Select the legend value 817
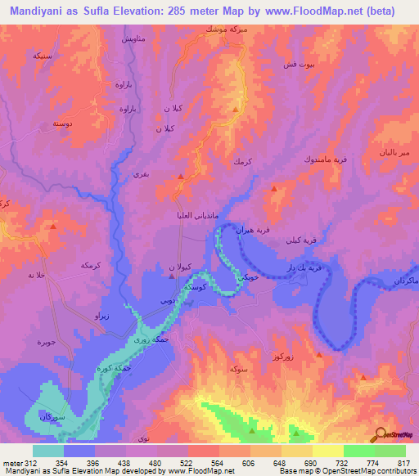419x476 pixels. [403, 463]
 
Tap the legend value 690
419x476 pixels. [309, 463]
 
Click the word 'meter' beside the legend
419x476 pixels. [11, 463]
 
